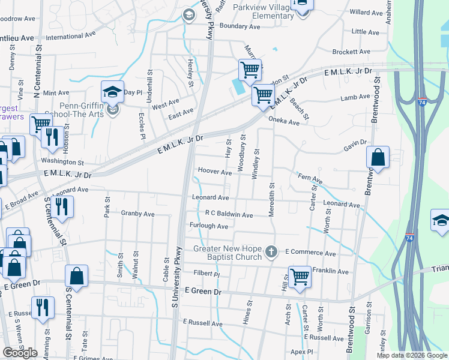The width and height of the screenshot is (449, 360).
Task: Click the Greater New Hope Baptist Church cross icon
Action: click(271, 251)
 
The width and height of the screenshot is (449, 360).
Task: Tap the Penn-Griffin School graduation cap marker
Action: click(112, 92)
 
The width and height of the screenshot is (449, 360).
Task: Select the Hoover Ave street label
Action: click(214, 172)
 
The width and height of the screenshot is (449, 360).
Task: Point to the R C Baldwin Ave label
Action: click(229, 214)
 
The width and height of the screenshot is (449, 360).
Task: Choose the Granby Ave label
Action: click(137, 213)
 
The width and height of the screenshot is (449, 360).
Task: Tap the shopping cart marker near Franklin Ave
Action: click(300, 277)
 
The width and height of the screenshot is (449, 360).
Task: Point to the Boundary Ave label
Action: click(240, 26)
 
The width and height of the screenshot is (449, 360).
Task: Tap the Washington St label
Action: click(62, 162)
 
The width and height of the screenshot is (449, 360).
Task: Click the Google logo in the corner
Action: click(20, 353)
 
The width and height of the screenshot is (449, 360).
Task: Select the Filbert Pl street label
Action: click(206, 273)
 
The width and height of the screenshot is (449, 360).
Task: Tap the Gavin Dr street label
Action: click(355, 142)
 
